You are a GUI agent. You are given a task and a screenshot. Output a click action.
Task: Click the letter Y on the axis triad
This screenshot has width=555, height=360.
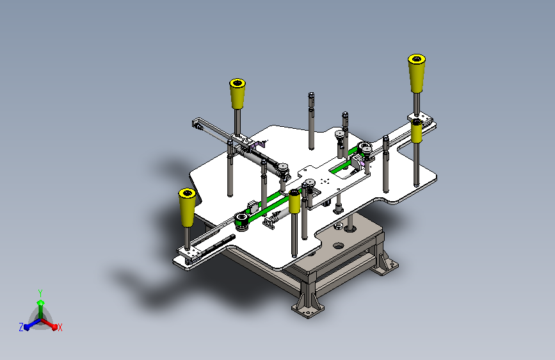coord(40,293)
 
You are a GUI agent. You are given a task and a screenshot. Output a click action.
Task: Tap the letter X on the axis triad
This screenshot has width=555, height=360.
coord(60,327)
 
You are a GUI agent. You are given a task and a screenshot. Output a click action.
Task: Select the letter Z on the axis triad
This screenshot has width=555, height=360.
coord(21,327)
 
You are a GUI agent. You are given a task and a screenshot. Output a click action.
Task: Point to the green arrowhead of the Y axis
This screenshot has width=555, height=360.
coord(41,303)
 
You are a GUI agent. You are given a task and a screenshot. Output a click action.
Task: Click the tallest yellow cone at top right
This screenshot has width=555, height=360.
coord(417,73)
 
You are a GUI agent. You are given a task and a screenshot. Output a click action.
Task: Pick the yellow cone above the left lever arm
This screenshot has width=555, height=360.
coord(237,94)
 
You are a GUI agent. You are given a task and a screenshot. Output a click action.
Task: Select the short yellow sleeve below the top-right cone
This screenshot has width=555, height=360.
coord(416,131)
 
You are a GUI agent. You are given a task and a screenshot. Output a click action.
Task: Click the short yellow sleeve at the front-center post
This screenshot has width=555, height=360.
coord(294,202)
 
